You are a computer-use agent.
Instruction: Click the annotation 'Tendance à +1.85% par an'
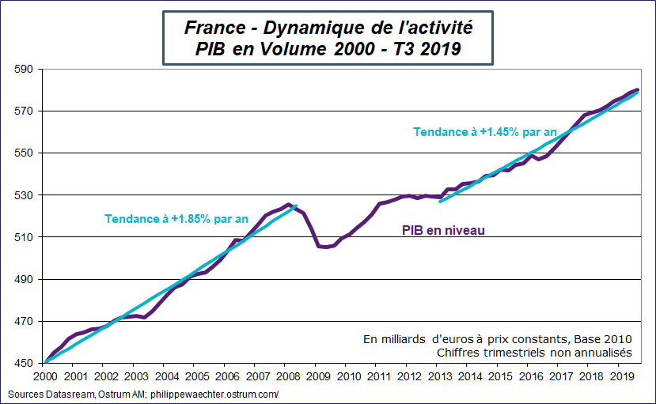pyautogui.click(x=176, y=218)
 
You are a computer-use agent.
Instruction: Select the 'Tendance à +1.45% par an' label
pyautogui.click(x=485, y=132)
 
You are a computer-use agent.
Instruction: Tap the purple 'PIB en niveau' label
pyautogui.click(x=442, y=230)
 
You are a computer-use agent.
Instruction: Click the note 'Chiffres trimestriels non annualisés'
pyautogui.click(x=534, y=352)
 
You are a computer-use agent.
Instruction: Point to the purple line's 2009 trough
pyautogui.click(x=324, y=247)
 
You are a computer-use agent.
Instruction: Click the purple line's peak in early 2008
pyautogui.click(x=290, y=204)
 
